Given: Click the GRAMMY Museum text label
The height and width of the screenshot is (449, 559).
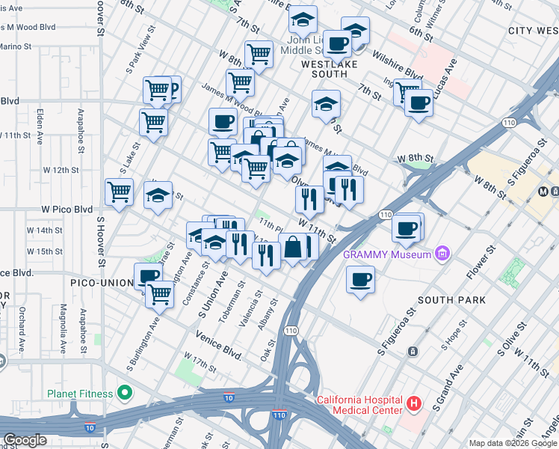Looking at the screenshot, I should coord(387,254).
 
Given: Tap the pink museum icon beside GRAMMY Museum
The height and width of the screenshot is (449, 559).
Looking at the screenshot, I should coord(442,254).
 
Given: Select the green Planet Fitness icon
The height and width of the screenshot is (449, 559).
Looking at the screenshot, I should coord(126,393).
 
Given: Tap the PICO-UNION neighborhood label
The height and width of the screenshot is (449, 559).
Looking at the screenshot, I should coord(102,284).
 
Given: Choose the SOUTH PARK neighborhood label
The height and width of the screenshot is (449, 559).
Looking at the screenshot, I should coord(451,300).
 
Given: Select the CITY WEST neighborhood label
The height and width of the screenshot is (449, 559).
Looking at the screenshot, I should coord(532,31).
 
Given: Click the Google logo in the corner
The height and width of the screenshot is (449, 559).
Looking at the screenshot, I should coord(25,440).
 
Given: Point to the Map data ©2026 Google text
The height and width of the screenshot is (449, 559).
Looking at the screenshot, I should coord(512,444).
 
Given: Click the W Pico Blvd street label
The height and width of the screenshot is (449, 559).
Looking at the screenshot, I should coord(67,209).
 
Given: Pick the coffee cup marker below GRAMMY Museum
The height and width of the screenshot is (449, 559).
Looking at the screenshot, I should coord(361,280).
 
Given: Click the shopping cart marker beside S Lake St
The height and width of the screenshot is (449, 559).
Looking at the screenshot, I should coord(120,192).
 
